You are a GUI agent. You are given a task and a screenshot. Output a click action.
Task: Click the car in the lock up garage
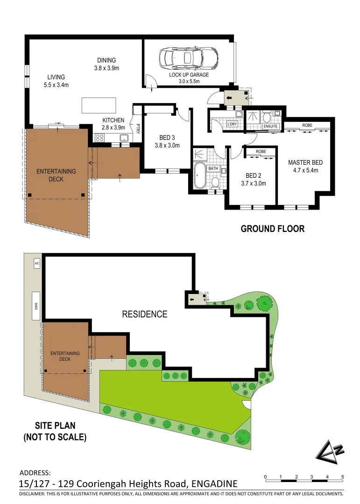click(x=189, y=58)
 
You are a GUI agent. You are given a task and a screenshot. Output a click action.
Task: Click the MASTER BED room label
click(x=305, y=162)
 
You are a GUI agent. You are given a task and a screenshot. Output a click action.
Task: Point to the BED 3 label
click(x=166, y=138)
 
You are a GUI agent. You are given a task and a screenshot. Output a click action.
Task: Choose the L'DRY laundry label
click(x=232, y=124)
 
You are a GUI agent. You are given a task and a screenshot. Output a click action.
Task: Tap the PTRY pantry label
click(x=138, y=128)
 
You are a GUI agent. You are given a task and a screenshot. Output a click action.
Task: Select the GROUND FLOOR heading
click(x=272, y=229)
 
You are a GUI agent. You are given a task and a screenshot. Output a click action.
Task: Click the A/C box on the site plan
click(x=37, y=264)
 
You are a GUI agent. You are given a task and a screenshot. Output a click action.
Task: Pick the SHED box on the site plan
click(x=35, y=306)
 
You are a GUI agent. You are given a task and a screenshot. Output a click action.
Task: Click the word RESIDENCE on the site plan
click(x=144, y=314)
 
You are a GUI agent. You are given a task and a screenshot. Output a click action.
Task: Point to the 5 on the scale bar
click(x=343, y=476)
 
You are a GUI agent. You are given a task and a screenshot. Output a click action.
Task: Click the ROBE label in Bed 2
click(x=261, y=152)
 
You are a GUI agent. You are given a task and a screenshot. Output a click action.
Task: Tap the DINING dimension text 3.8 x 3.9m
click(x=106, y=68)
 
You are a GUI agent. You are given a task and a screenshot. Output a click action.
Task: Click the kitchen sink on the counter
click(x=124, y=138)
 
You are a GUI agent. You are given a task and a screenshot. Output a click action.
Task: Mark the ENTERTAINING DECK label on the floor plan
click(x=56, y=175)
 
